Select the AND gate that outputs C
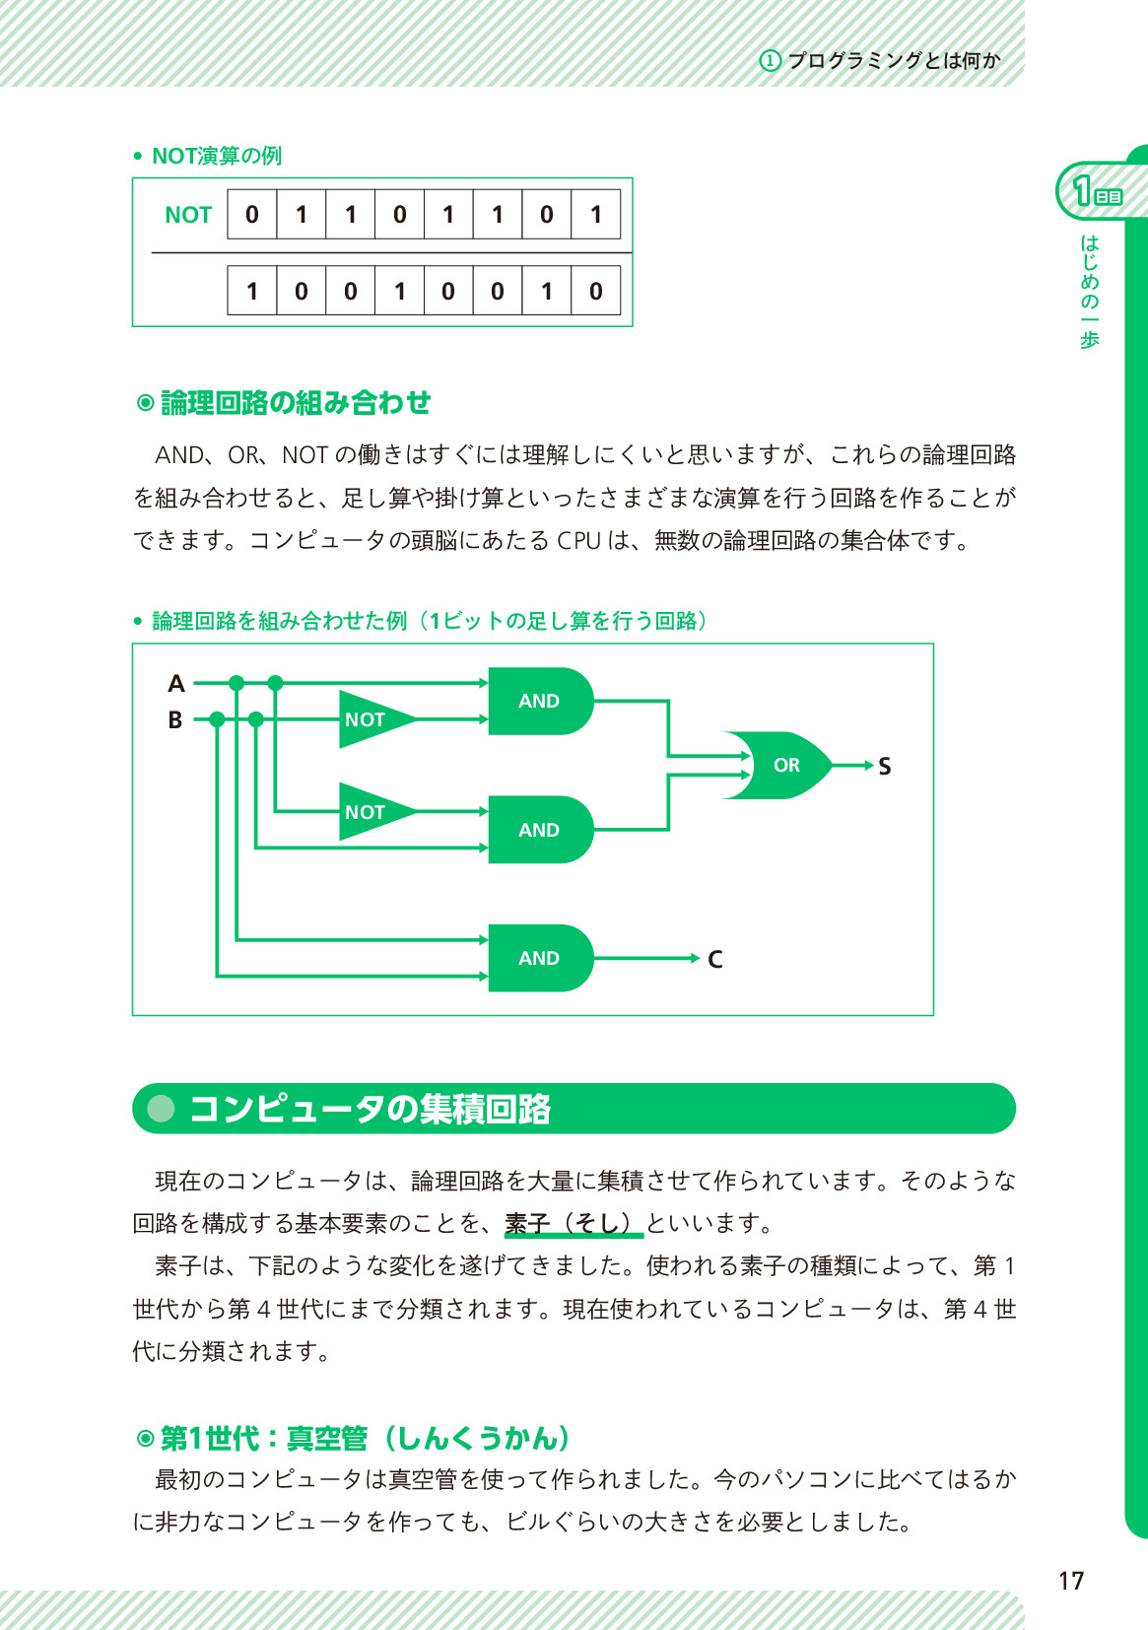coord(539,958)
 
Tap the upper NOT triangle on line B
coord(370,719)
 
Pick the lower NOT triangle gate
coord(370,812)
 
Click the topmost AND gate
coord(539,701)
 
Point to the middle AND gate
coord(539,830)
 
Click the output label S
coord(884,767)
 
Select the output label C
coord(715,959)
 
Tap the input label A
coord(176,683)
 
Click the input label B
coord(175,720)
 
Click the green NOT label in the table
coord(188,215)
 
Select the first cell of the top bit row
coord(252,215)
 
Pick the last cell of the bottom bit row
coord(595,291)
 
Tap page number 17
coord(1071,1582)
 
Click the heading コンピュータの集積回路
coord(370,1109)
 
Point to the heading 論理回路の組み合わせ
coord(295,402)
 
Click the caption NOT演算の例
coord(217,156)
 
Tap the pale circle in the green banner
coord(161,1109)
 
